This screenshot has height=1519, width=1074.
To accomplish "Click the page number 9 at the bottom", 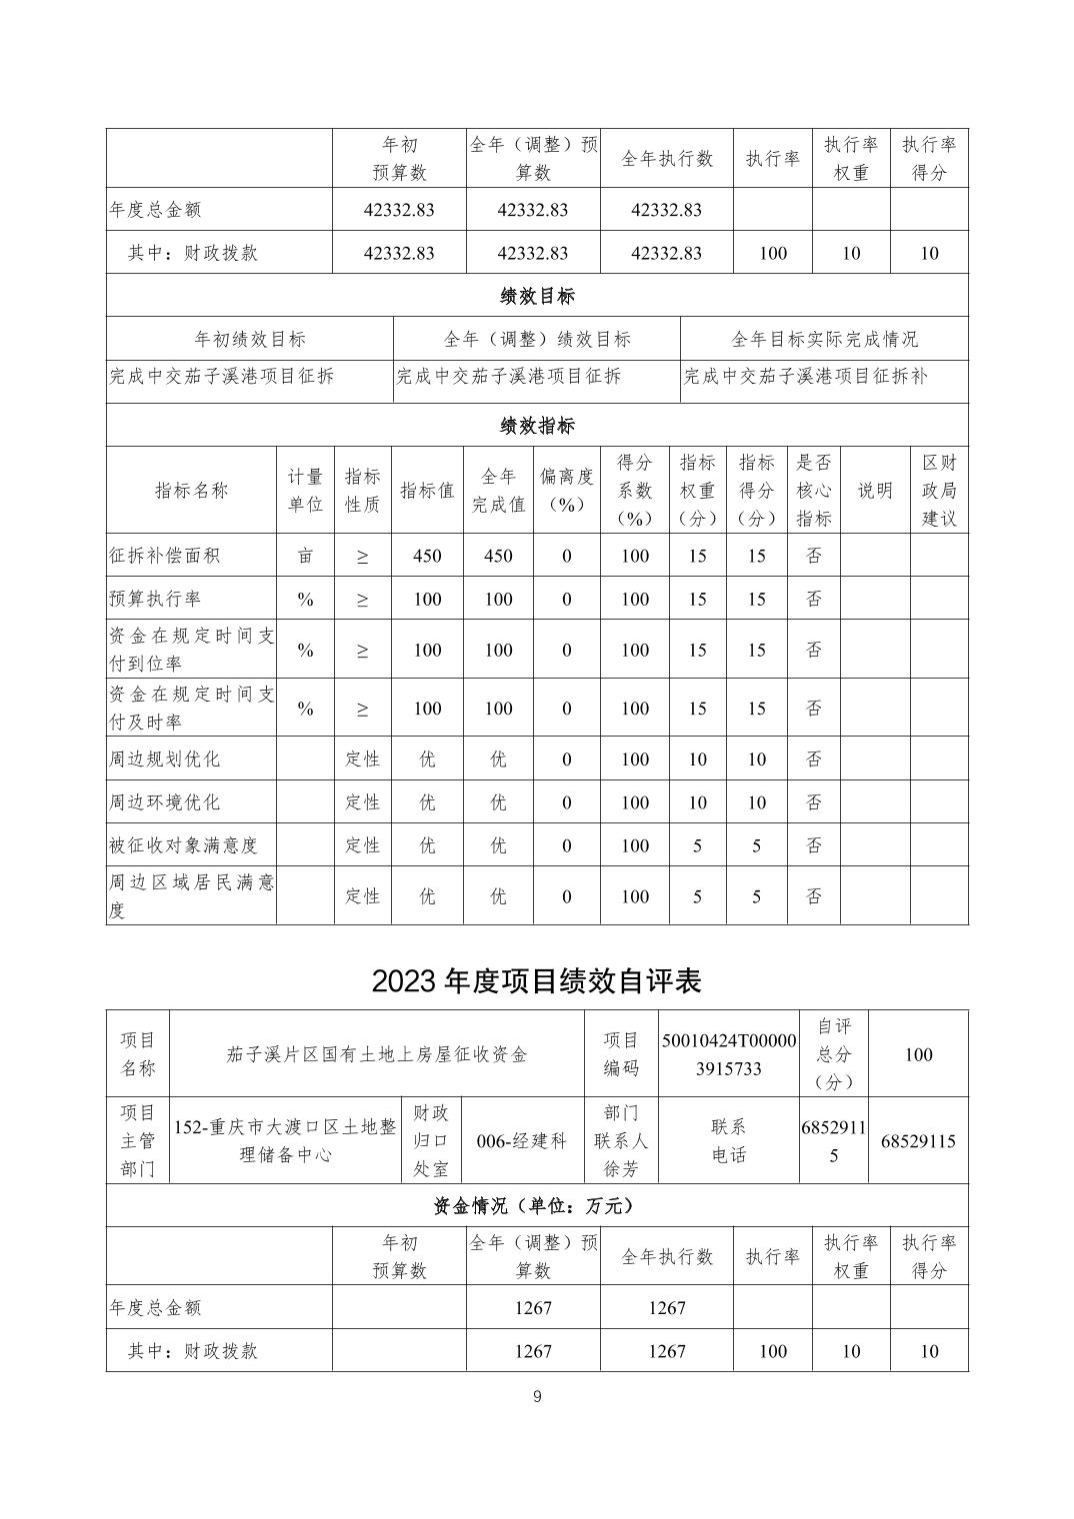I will click(537, 1396).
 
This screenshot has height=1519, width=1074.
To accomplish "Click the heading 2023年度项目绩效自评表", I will click(536, 980).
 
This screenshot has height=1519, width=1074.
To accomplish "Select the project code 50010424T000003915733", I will click(729, 1054).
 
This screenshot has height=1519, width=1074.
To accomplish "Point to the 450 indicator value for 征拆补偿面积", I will click(427, 556).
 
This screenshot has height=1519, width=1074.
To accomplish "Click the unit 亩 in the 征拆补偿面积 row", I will click(305, 556).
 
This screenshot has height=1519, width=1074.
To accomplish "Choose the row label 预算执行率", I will click(155, 599).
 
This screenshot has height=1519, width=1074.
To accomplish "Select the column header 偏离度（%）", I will click(566, 490).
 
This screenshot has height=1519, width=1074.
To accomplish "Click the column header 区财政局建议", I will click(938, 490).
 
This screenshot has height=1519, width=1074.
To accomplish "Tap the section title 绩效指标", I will click(537, 426).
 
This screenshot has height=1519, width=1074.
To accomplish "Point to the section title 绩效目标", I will click(537, 296).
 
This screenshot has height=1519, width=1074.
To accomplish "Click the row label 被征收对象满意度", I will click(183, 845).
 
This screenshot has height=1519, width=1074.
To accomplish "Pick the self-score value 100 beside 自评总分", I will click(917, 1054).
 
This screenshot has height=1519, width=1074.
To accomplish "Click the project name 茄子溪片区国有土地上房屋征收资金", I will click(377, 1054).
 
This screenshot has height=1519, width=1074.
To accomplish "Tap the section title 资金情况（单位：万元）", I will click(537, 1206).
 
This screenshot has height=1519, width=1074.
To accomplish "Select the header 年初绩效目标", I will click(250, 339).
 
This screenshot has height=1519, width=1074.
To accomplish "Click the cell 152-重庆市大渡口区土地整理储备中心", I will click(285, 1140).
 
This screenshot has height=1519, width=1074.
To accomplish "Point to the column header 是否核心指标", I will click(814, 490).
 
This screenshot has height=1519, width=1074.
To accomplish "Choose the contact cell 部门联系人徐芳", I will click(621, 1140).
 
